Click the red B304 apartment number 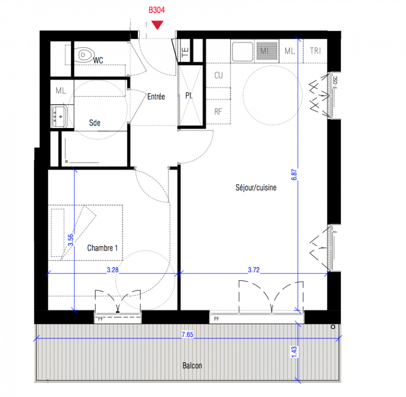click(157, 10)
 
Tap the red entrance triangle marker click(157, 25)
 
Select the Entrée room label click(156, 97)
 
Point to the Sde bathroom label click(95, 123)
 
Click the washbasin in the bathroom click(59, 116)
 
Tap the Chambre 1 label click(102, 248)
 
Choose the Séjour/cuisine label click(256, 188)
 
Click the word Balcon click(192, 366)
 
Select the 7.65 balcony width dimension click(187, 334)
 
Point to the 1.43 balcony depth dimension click(294, 352)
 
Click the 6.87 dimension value click(294, 175)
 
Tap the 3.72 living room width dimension click(254, 270)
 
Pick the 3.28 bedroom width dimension click(113, 270)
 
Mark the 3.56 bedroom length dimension click(70, 240)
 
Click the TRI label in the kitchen click(315, 51)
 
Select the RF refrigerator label click(218, 112)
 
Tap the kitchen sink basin click(242, 52)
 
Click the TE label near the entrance click(185, 52)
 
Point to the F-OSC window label click(335, 82)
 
